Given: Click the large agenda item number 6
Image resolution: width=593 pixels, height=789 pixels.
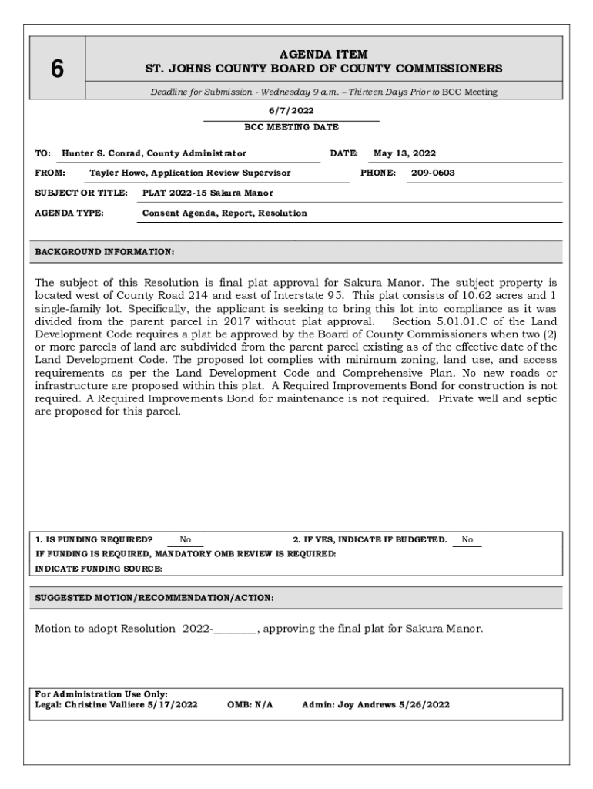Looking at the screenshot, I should (x=57, y=69).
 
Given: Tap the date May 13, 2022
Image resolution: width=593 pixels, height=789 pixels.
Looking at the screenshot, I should (x=404, y=153).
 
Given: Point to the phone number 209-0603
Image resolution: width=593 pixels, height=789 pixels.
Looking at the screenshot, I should (x=433, y=173).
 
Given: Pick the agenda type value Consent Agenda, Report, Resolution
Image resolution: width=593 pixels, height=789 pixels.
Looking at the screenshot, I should (x=225, y=213).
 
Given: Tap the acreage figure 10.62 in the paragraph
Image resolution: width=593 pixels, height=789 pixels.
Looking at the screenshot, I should (x=471, y=295).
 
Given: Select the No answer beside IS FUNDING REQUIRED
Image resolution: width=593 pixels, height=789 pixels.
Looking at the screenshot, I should (x=186, y=540).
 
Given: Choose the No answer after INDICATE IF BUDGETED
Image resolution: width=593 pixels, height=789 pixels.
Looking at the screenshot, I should (x=467, y=540).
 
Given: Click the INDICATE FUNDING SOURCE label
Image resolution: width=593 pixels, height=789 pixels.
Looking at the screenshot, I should (x=99, y=569).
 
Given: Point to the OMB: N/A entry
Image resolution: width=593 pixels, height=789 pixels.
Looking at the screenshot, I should (x=250, y=704).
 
